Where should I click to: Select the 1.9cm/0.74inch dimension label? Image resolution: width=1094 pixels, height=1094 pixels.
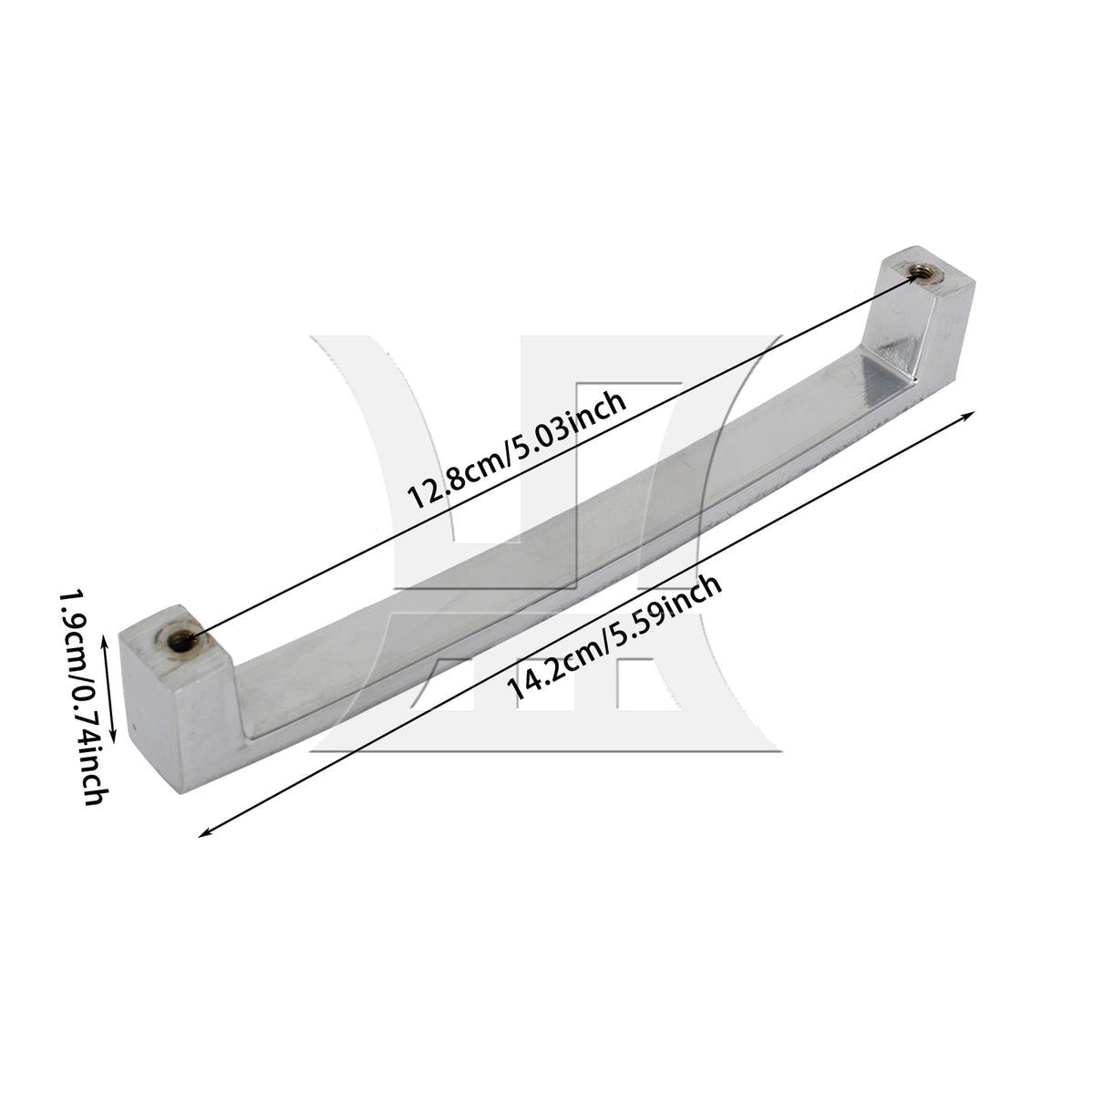point(84,697)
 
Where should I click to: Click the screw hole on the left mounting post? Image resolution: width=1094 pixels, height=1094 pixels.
point(181,642)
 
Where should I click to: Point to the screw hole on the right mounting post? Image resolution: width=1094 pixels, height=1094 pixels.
point(924,273)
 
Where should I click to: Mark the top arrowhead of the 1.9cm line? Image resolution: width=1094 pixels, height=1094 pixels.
point(104,641)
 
